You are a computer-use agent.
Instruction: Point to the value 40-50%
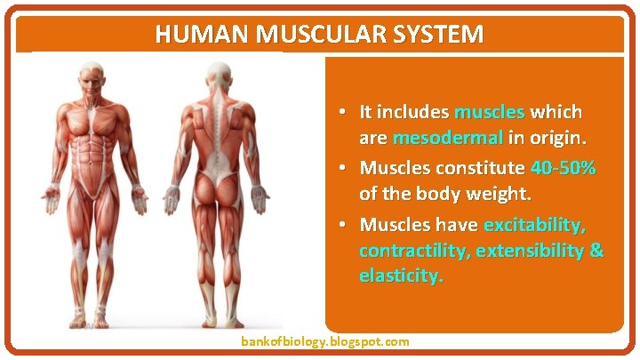(563, 167)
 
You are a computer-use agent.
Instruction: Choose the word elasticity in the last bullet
(399, 276)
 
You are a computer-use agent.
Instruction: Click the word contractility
(412, 250)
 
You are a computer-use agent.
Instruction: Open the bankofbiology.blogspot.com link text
(324, 341)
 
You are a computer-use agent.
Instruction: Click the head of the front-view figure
(90, 81)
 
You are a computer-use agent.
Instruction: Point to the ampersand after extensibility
(596, 250)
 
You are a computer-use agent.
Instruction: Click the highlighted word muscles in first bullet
(489, 112)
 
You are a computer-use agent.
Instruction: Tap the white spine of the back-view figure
(214, 133)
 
